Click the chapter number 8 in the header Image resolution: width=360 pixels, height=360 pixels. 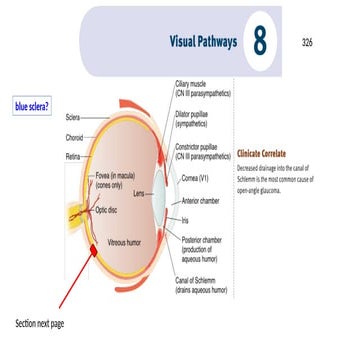tap(260, 41)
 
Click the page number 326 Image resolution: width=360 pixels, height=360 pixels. tap(308, 43)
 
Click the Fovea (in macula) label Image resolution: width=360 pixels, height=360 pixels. tap(119, 174)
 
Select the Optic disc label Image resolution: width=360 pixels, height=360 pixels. tap(109, 211)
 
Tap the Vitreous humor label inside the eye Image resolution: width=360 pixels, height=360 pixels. tap(127, 242)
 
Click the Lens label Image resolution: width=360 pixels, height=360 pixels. tap(140, 190)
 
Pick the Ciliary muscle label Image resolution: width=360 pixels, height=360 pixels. tap(203, 89)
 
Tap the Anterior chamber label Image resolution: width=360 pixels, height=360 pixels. tap(203, 200)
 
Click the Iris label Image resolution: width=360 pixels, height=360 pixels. tap(186, 220)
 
